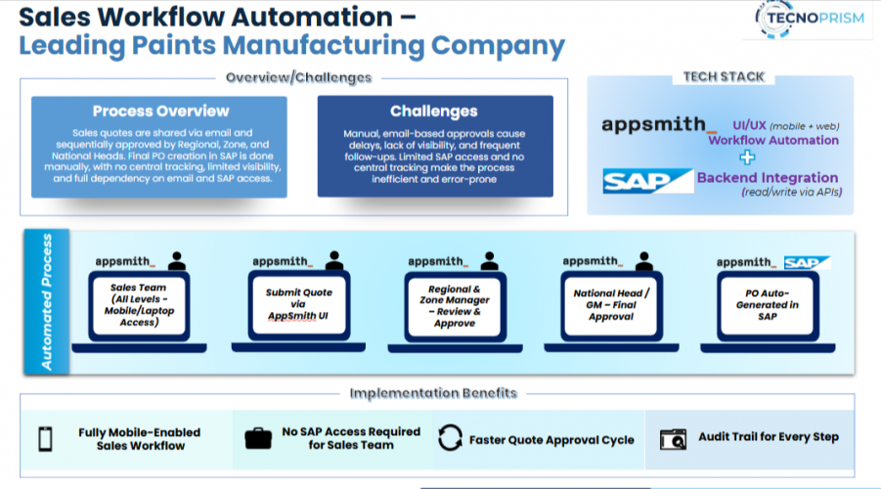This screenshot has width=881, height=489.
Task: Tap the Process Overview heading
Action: pos(160,111)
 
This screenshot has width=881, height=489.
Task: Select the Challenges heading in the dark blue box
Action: pos(433,111)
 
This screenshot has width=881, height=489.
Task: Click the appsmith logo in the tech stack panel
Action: pos(654,124)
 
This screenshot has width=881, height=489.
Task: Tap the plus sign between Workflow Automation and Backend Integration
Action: pos(747,157)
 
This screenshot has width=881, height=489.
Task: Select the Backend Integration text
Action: pos(767,178)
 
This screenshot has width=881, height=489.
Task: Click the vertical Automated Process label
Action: pos(46,300)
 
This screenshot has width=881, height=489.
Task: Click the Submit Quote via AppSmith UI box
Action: pos(298,304)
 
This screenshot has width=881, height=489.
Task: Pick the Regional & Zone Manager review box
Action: pos(455,304)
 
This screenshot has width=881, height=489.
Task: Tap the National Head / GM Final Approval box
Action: pos(611,304)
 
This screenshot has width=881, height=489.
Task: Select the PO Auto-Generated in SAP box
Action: pos(768,304)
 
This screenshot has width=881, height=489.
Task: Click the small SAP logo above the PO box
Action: pos(807,262)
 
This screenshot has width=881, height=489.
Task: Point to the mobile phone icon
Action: pos(45,438)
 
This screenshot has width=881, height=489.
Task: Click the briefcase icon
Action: pos(258,438)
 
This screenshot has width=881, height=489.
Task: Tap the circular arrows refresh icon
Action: pos(450,438)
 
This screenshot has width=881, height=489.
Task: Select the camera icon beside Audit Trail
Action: pos(674,438)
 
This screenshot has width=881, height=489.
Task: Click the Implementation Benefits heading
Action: pos(433,393)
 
